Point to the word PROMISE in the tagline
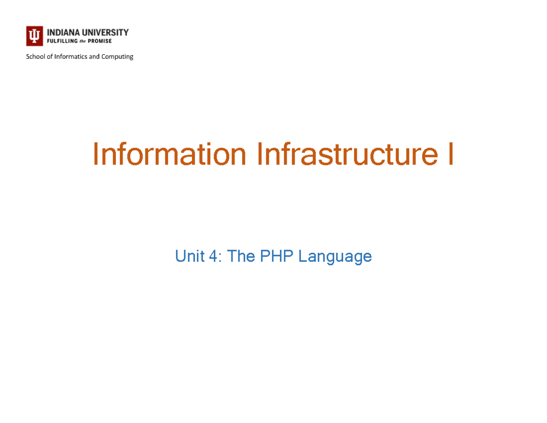[x=100, y=41]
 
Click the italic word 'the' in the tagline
[x=83, y=41]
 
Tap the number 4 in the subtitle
[x=213, y=257]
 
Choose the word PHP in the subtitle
[x=275, y=257]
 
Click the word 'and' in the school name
[x=95, y=57]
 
